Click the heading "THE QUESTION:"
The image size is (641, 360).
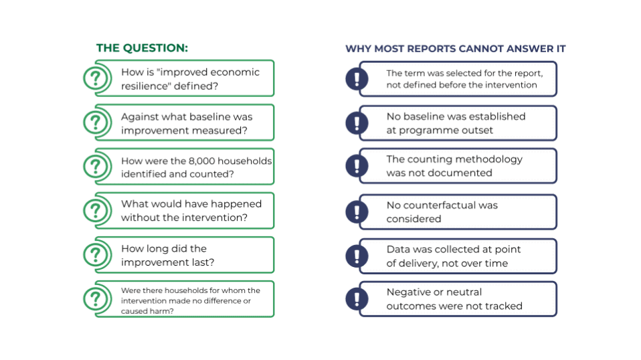(142, 48)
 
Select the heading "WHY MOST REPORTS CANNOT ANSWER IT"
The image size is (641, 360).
(456, 49)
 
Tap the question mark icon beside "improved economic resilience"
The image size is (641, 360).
(96, 78)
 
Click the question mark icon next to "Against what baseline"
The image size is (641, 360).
(96, 122)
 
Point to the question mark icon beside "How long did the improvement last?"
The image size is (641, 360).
(96, 255)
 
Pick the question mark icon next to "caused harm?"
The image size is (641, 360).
(96, 299)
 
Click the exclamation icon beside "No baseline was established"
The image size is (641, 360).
(357, 123)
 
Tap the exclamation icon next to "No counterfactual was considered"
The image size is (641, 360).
(357, 211)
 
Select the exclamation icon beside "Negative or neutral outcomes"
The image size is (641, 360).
(357, 298)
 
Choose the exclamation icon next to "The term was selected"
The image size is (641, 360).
(357, 79)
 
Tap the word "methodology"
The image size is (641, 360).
(488, 160)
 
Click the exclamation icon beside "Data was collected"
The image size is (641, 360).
(357, 256)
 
